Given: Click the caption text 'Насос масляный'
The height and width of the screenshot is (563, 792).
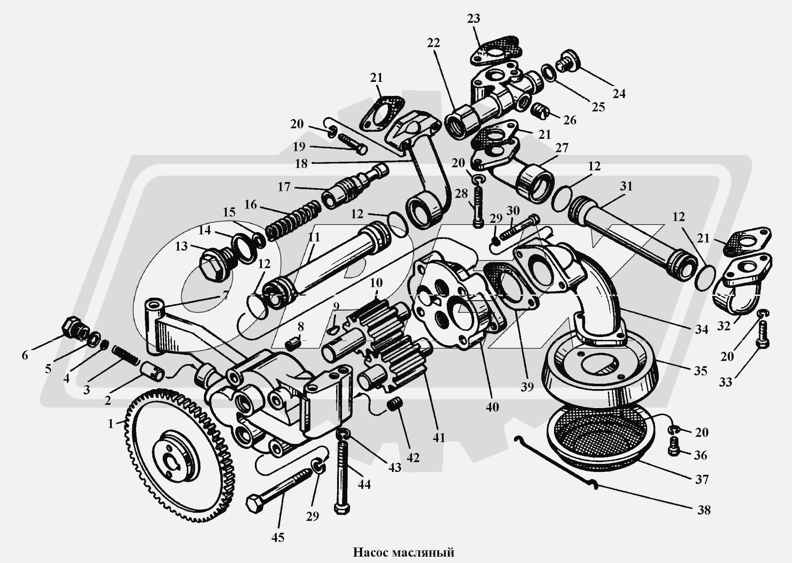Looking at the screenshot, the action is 403,552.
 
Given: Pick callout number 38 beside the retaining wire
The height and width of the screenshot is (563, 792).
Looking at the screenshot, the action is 704,519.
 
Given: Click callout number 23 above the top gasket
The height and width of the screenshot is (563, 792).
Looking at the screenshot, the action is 473,18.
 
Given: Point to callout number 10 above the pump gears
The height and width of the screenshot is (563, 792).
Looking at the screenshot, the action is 376,283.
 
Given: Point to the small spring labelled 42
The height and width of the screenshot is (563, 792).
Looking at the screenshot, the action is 395,403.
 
